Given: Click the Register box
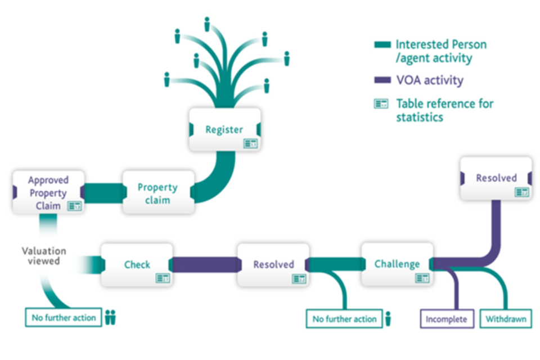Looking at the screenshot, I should (224, 130).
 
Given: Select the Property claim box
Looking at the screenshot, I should (158, 192).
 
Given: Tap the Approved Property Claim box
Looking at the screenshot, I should (48, 192).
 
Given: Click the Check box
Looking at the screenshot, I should (137, 264).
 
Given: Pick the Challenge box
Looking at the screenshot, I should (397, 264).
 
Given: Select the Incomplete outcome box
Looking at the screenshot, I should (446, 319).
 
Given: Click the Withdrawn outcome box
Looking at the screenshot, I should (506, 319).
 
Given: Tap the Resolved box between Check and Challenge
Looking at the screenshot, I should (273, 264).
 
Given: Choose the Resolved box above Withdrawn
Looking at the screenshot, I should (496, 178).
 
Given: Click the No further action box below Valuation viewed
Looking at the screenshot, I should (64, 318).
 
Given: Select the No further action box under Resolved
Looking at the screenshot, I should (344, 319).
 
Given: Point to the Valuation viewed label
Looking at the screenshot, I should (44, 256).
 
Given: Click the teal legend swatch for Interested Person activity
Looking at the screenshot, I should (382, 44).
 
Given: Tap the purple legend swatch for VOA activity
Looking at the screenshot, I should (382, 80).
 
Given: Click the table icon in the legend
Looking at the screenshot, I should (382, 104).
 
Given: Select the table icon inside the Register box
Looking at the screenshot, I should (250, 144).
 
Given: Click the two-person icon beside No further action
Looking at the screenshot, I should (110, 318).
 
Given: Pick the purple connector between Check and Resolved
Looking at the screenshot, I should (204, 264).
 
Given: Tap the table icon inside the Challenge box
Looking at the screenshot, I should (422, 278).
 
